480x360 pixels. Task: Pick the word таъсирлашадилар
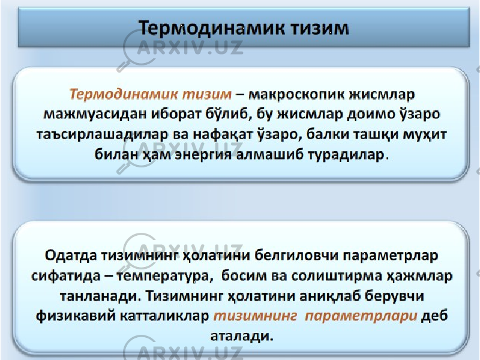tap(101, 135)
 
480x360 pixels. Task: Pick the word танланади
tap(98, 296)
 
